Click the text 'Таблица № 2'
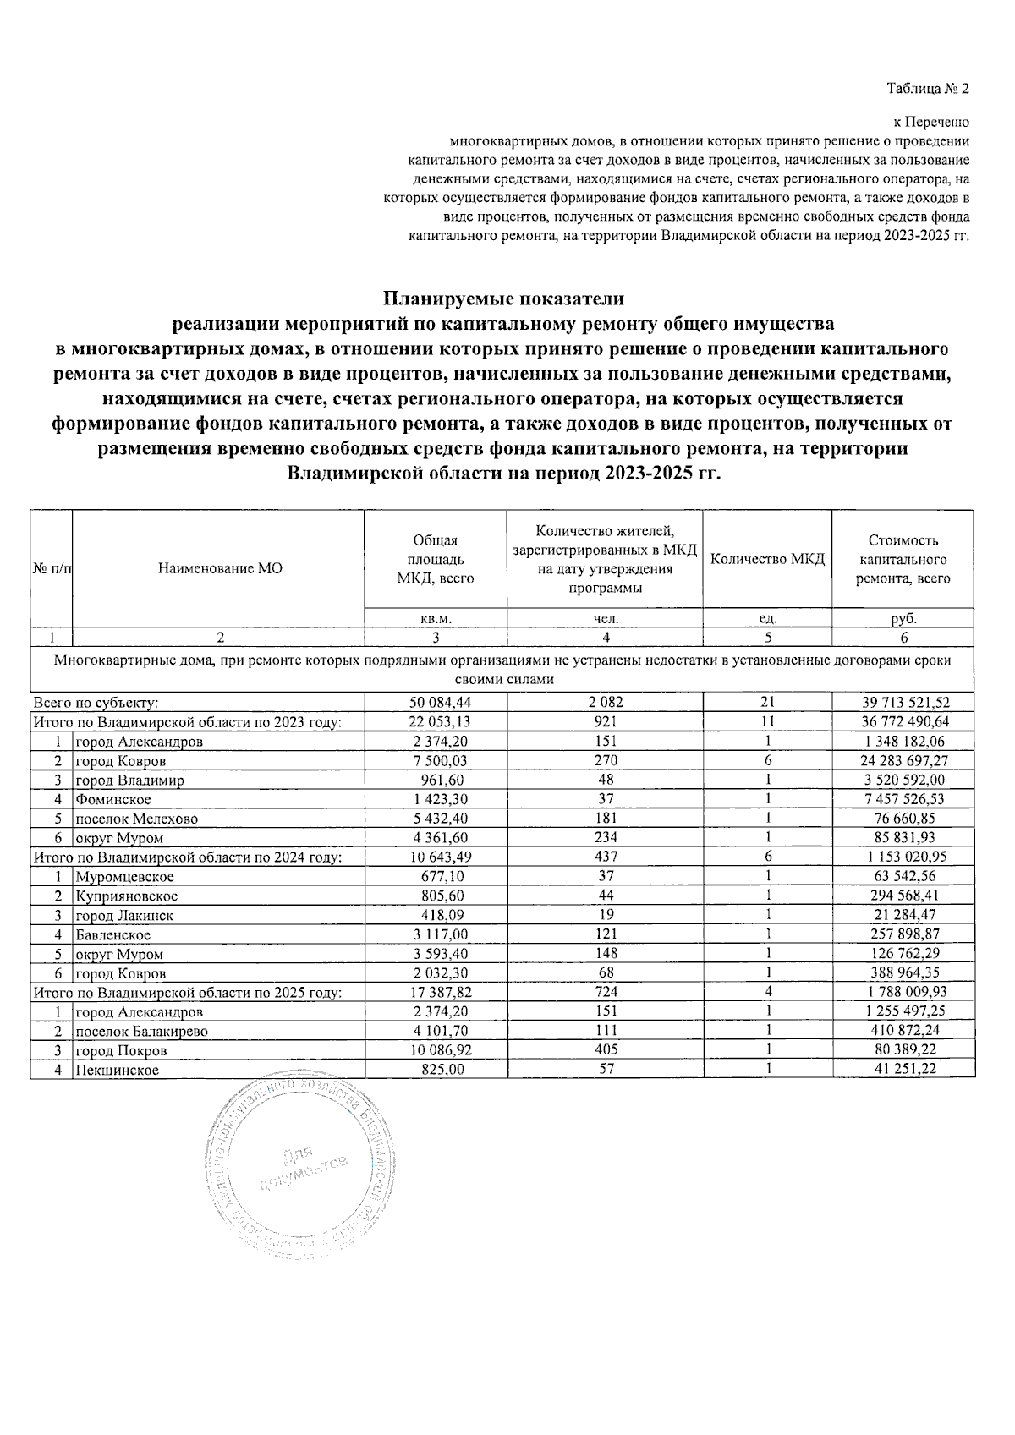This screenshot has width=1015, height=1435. pos(928,89)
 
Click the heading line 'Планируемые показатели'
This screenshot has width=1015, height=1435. pos(503,299)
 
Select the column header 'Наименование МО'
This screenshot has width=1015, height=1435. pos(220,569)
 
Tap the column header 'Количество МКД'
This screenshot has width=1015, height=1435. pos(767,559)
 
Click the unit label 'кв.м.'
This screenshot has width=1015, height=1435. pos(436,619)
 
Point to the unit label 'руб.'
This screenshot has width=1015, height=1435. pos(903,619)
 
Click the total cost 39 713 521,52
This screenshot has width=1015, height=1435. pos(903,703)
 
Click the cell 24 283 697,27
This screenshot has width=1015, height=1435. pos(903,761)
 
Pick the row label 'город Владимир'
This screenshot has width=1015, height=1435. pos(129,780)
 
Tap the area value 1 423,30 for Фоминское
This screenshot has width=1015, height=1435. pos(436,799)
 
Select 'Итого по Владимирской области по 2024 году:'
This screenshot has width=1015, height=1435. pos(187,857)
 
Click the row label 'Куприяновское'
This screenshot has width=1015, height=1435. pos(127,896)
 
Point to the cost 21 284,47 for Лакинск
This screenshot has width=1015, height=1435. pos(903,915)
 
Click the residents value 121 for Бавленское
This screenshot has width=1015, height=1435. pos(606,934)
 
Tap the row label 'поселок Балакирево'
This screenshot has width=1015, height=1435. pos(141,1032)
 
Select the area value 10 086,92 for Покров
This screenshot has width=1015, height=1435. pos(436,1050)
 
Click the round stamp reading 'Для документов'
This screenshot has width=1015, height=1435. pos(300,1171)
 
